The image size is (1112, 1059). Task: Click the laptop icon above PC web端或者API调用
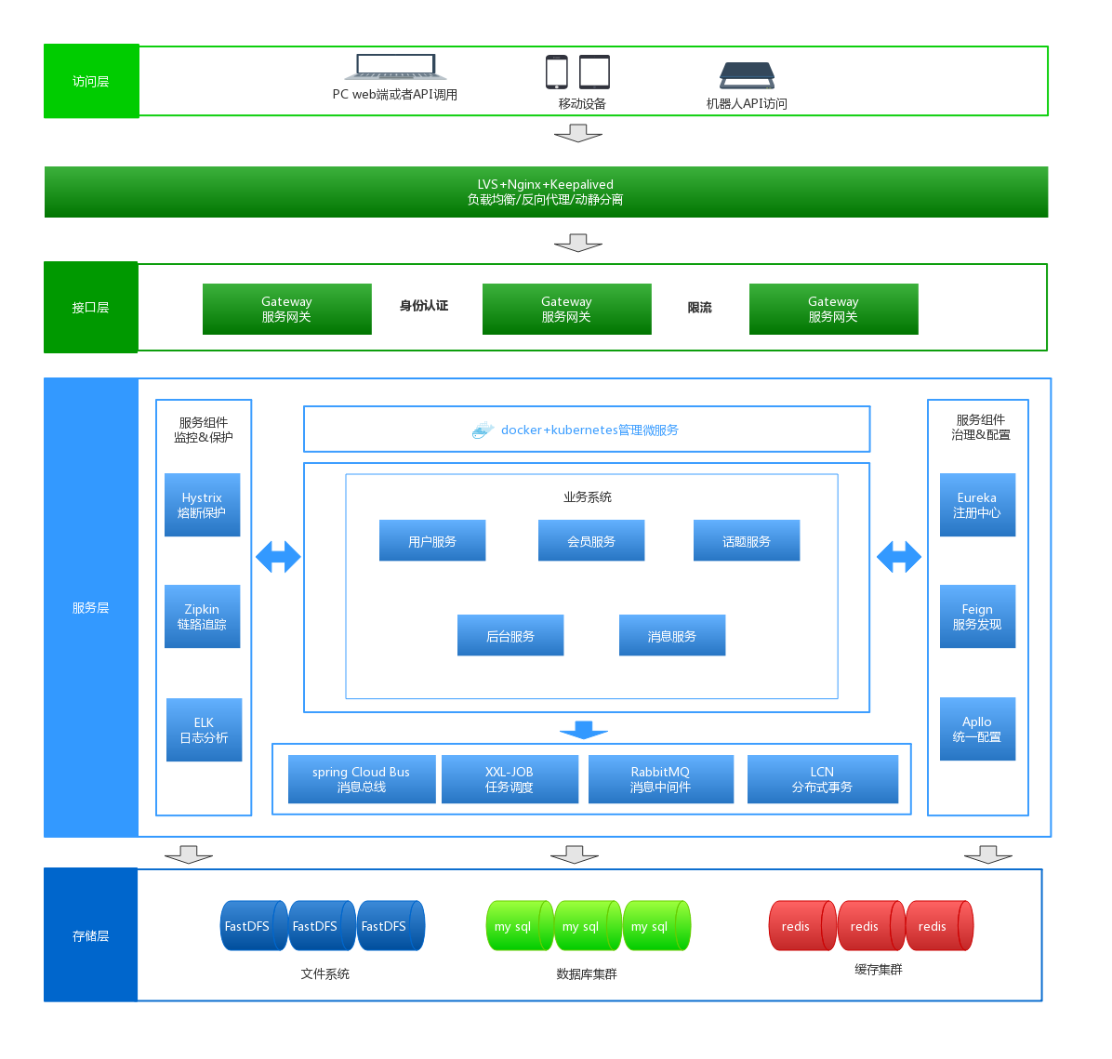[396, 67]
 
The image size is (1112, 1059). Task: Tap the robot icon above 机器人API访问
[747, 74]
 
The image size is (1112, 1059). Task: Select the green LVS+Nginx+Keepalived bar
[546, 192]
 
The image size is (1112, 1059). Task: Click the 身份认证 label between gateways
[424, 306]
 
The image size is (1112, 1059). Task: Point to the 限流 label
[699, 308]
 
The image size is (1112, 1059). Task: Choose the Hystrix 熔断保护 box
[202, 505]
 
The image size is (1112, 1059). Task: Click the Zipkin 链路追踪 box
[202, 616]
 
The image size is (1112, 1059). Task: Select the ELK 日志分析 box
[205, 730]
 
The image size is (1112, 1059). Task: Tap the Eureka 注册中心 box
[977, 505]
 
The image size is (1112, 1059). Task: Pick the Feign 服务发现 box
[977, 616]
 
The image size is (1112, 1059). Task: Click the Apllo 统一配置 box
[977, 729]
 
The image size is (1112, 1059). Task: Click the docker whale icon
[483, 430]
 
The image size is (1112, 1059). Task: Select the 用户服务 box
[432, 540]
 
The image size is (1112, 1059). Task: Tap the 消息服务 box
[672, 636]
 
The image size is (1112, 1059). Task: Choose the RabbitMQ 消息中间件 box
[661, 779]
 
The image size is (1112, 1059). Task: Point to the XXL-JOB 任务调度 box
[510, 779]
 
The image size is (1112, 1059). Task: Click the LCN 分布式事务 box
[823, 779]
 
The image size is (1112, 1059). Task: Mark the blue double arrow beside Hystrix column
[278, 557]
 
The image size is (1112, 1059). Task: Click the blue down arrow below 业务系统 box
[584, 730]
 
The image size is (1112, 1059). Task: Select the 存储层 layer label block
[91, 934]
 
